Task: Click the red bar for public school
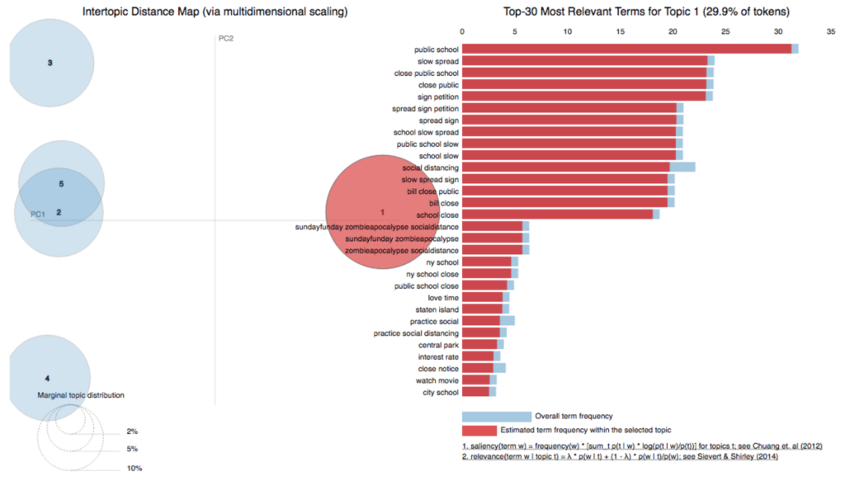click(627, 49)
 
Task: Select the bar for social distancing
click(569, 167)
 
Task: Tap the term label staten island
click(438, 309)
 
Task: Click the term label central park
click(439, 344)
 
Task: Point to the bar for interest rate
click(479, 356)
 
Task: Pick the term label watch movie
click(437, 380)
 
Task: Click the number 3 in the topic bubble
click(50, 63)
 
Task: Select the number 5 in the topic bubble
click(61, 184)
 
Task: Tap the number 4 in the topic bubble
click(47, 378)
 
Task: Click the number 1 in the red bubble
click(382, 213)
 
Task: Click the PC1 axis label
click(38, 215)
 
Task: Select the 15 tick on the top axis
click(620, 31)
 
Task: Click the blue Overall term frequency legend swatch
click(496, 417)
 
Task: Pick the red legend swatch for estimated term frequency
click(479, 430)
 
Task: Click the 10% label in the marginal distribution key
click(134, 469)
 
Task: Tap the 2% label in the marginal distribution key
click(132, 432)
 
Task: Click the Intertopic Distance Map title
click(215, 12)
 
